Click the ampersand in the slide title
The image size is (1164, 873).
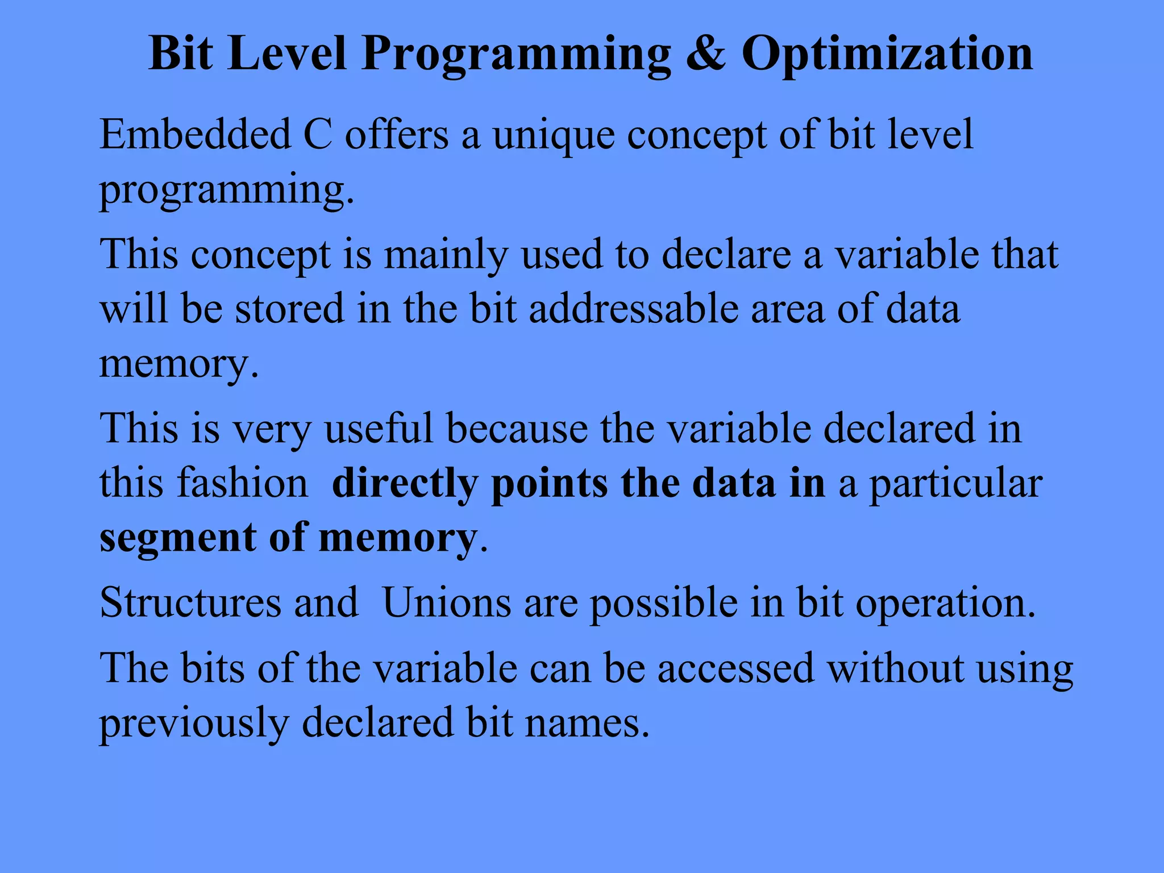pyautogui.click(x=705, y=53)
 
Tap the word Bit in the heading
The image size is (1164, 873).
pyautogui.click(x=180, y=53)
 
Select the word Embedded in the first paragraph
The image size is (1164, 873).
pyautogui.click(x=194, y=135)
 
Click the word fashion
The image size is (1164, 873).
pyautogui.click(x=243, y=483)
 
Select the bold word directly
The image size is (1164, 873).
pyautogui.click(x=405, y=484)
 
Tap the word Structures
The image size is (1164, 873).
pyautogui.click(x=190, y=602)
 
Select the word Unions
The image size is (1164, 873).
pyautogui.click(x=447, y=602)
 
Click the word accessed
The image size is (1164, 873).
pyautogui.click(x=736, y=668)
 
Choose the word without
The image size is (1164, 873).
pyautogui.click(x=895, y=668)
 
